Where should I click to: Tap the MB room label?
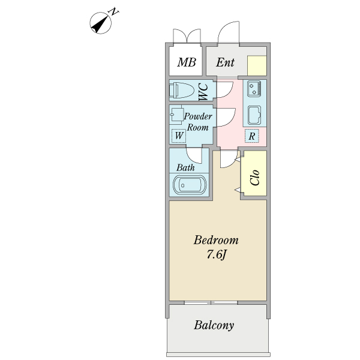pyautogui.click(x=187, y=62)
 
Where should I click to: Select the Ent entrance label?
pyautogui.click(x=226, y=62)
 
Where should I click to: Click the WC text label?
pyautogui.click(x=203, y=91)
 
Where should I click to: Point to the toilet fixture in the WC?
pyautogui.click(x=182, y=91)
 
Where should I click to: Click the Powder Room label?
pyautogui.click(x=197, y=121)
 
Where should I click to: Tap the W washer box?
pyautogui.click(x=178, y=136)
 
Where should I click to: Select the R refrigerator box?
pyautogui.click(x=253, y=136)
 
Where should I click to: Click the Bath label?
pyautogui.click(x=185, y=167)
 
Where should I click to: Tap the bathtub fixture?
pyautogui.click(x=190, y=185)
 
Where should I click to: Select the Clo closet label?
pyautogui.click(x=255, y=177)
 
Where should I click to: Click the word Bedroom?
pyautogui.click(x=216, y=240)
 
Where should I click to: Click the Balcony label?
pyautogui.click(x=214, y=326)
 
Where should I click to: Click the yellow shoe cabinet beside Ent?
pyautogui.click(x=257, y=65)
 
